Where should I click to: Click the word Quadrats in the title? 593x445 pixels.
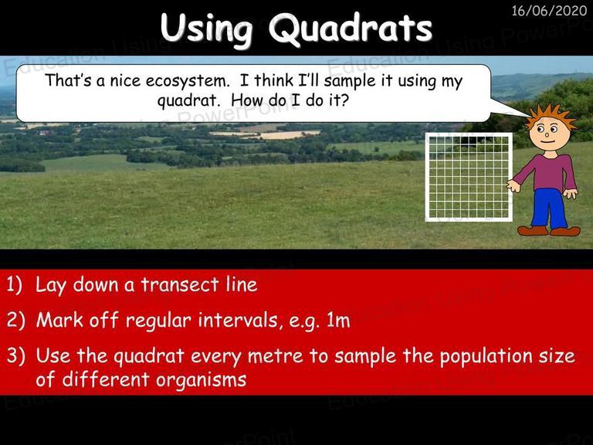pos(351,29)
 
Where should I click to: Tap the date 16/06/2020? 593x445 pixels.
pos(549,10)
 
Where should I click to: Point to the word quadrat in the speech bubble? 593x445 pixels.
pos(188,100)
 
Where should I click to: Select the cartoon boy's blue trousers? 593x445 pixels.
pos(549,209)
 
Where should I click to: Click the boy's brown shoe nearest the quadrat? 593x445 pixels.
pos(533,230)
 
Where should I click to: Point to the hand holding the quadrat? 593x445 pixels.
pos(513,185)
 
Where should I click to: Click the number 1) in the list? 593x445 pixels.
pos(15,285)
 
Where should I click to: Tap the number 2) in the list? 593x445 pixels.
pos(15,320)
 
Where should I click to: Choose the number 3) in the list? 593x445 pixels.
pos(15,356)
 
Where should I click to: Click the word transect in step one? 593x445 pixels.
pos(180,285)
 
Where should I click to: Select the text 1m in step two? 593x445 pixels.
pos(338,321)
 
